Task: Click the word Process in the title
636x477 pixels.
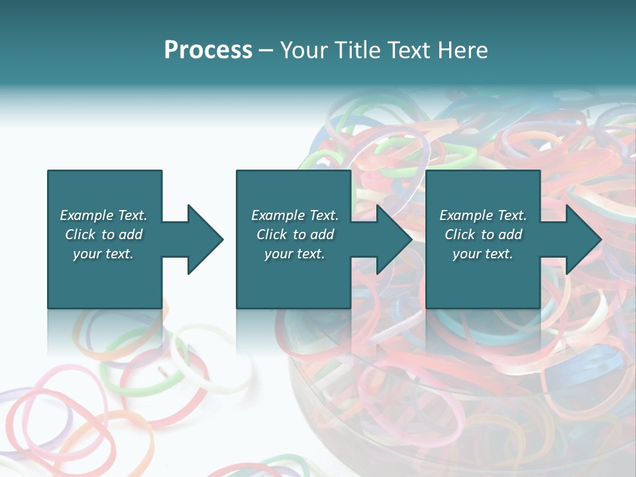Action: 208,50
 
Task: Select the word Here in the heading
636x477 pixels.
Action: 461,50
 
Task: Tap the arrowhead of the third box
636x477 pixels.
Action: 582,239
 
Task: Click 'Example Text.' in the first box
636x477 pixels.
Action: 103,215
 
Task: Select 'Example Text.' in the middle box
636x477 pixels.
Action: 294,215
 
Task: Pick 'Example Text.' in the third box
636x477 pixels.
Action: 483,215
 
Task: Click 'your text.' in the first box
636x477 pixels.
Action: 103,254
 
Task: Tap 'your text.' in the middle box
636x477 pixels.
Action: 294,254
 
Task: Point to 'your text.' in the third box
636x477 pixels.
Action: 483,254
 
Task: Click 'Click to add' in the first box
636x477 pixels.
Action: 103,235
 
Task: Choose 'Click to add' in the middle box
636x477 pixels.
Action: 294,235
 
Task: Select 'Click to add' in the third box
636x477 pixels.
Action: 483,235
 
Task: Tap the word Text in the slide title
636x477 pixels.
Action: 407,50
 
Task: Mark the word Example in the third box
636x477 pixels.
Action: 465,215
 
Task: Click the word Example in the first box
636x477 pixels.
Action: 86,215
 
